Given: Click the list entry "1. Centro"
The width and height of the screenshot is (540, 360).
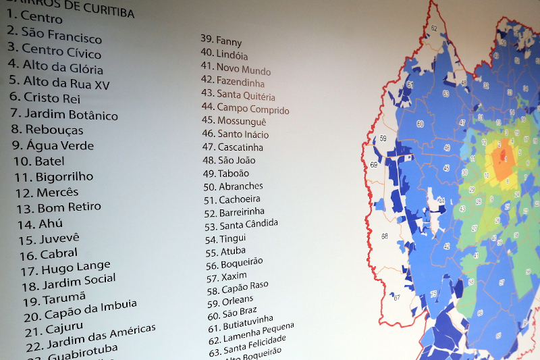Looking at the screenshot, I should (x=34, y=16).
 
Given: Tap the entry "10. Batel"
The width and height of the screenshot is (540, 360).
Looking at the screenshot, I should (x=39, y=161).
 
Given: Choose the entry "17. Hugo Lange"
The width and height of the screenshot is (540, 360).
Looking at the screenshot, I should (x=65, y=268).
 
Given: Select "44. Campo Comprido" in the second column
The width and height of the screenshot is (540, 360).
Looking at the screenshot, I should (x=245, y=107).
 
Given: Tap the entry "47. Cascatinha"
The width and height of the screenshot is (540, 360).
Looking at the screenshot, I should (x=232, y=147).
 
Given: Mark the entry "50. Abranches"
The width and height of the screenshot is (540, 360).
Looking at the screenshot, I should (x=233, y=186).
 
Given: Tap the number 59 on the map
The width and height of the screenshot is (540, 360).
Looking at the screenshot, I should (x=383, y=138).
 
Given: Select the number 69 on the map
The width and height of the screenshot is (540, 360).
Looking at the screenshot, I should (x=373, y=165).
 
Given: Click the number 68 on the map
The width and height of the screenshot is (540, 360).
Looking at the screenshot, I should (x=384, y=236).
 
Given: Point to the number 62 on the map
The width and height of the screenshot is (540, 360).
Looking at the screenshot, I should (x=433, y=28).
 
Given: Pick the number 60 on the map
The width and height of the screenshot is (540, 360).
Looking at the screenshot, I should (x=420, y=124).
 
